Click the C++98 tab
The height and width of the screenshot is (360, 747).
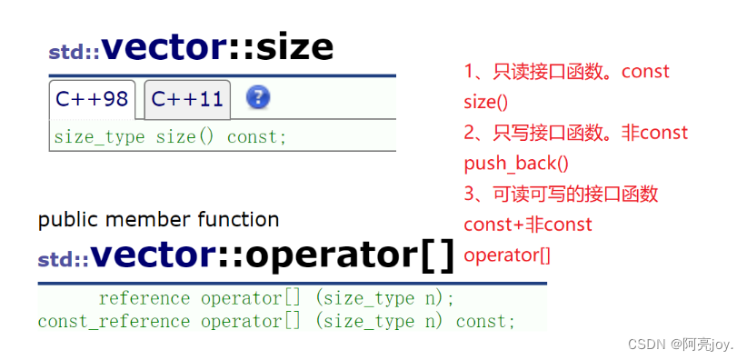[92, 99]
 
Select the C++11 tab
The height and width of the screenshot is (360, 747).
[187, 99]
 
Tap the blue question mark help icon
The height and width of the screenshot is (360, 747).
[258, 97]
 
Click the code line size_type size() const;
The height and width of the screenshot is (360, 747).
[170, 137]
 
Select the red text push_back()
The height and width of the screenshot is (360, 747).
[515, 163]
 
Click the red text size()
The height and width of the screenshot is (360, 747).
[486, 102]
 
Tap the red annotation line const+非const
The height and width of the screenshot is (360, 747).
[528, 224]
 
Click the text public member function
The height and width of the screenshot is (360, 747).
[158, 219]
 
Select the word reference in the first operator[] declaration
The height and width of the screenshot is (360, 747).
[144, 298]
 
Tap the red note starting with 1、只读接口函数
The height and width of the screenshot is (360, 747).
[566, 71]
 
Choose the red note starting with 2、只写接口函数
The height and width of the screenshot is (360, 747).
[575, 133]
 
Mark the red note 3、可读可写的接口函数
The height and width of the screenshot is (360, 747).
[561, 194]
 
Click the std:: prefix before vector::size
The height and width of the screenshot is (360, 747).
[73, 53]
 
